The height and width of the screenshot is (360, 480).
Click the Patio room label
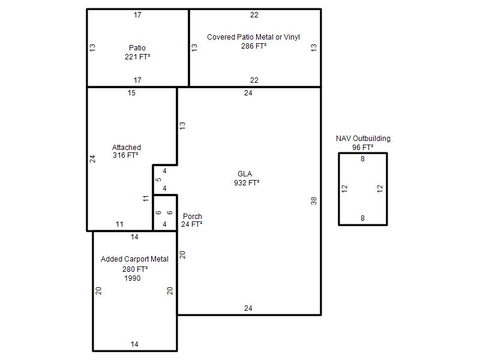(x=137, y=48)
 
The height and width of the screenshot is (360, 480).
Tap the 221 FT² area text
(x=137, y=56)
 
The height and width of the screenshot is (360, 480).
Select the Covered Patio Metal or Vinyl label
(x=253, y=37)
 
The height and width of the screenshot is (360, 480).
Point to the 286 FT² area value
(x=254, y=46)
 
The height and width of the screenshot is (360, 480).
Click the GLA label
(x=245, y=174)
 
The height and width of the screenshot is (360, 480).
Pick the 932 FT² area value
(x=247, y=183)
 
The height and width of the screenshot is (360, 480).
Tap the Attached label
(x=127, y=147)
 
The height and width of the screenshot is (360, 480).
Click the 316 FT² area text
(x=125, y=155)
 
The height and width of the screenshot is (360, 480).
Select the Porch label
(x=192, y=217)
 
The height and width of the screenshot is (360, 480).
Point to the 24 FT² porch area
(x=191, y=224)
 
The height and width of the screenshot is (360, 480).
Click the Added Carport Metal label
(x=134, y=259)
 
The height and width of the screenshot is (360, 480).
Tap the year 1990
(x=133, y=278)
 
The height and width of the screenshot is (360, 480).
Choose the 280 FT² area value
(x=135, y=269)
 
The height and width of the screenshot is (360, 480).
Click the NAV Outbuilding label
(x=363, y=139)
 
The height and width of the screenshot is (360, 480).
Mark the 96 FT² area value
(x=363, y=147)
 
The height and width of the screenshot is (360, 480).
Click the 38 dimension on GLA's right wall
(x=313, y=201)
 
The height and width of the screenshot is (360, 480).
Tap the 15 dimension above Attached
(x=131, y=93)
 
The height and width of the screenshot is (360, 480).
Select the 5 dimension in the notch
(x=158, y=179)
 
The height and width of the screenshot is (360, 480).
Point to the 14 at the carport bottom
(x=134, y=344)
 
